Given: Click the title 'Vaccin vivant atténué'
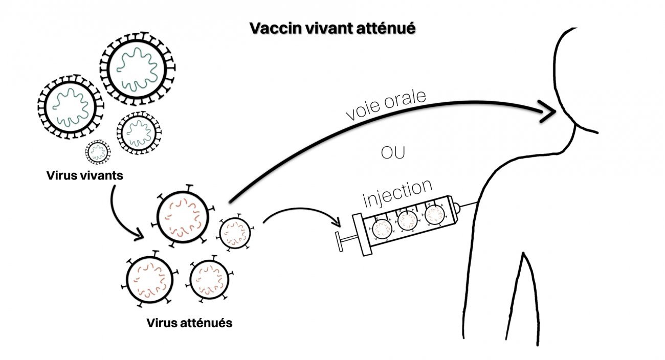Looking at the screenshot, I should point(332,29).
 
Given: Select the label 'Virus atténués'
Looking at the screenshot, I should point(189,323).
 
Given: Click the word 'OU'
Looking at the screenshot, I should point(394,153).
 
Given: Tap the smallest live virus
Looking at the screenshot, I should point(97,151).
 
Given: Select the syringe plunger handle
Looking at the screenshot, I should point(339,242).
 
